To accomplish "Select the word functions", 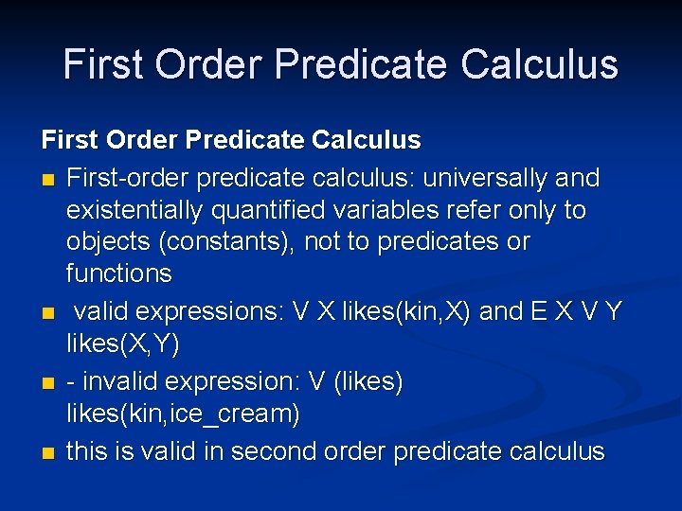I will click(x=119, y=274).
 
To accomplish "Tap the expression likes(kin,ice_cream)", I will click(x=183, y=414).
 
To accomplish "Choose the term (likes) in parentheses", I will click(x=366, y=382).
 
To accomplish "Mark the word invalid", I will click(x=123, y=382).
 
